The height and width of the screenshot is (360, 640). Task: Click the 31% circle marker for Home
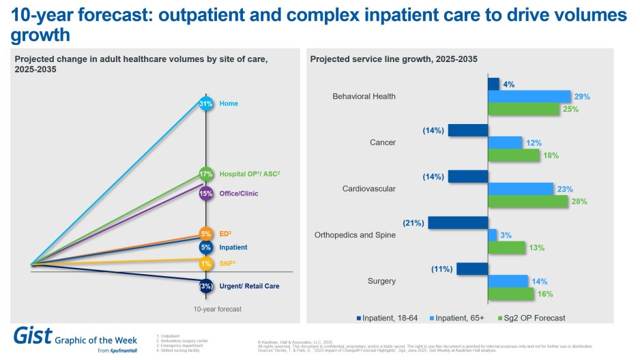pos(206,104)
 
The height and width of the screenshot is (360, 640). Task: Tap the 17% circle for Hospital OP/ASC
pos(206,173)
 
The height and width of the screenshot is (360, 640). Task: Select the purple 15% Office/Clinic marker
pos(206,193)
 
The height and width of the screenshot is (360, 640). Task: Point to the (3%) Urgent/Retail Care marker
pos(206,286)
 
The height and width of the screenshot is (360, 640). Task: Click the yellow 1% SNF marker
pos(206,264)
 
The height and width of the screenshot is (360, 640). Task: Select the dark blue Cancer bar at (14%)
pos(468,130)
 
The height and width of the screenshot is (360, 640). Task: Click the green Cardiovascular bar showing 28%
pos(527,201)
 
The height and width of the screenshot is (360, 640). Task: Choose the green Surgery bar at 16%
pos(511,293)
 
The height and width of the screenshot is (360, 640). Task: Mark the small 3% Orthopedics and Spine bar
pos(493,235)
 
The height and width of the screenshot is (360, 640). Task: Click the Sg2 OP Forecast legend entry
pos(536,318)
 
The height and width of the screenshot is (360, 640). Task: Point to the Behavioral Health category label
pos(364,96)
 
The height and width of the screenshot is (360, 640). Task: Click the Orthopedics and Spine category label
pos(355,235)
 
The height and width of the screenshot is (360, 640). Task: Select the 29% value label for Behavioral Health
pos(581,97)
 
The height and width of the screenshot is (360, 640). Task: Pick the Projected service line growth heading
pos(394,59)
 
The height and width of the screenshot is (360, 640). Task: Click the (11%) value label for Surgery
pos(441,269)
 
